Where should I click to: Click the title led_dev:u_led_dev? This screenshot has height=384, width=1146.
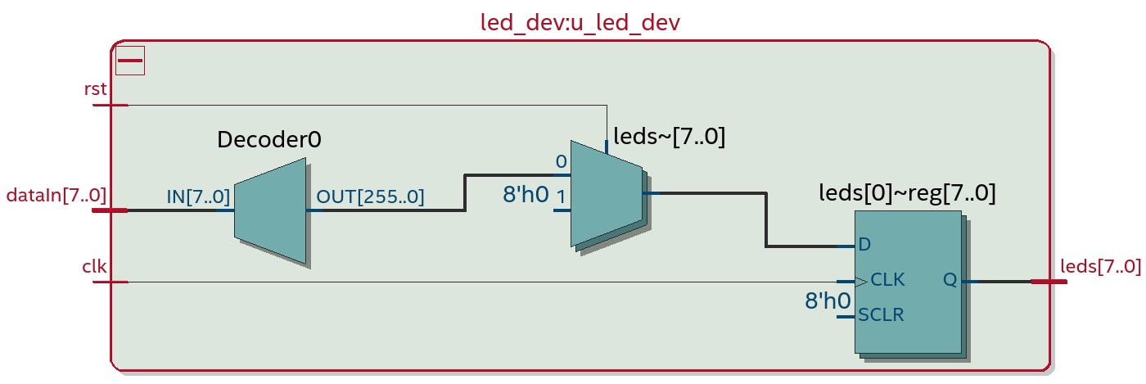(x=580, y=22)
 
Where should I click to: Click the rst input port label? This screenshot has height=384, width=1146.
(x=96, y=88)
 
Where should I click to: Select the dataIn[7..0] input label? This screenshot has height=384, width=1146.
(x=56, y=195)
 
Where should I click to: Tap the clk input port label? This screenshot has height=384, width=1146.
(x=94, y=266)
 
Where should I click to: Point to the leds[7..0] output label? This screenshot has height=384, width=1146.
(x=1100, y=266)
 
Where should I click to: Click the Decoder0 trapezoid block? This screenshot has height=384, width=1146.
(x=270, y=210)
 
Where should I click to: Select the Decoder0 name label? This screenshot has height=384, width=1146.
(x=268, y=140)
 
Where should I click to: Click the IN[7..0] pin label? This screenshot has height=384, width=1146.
(x=198, y=197)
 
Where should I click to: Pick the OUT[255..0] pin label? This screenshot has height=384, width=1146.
(x=370, y=197)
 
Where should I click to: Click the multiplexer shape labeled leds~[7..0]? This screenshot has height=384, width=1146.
(x=606, y=194)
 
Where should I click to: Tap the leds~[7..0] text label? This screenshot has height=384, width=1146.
(x=669, y=137)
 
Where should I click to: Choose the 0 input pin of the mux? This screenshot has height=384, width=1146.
(x=561, y=162)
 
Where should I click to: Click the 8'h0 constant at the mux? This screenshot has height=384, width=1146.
(x=525, y=195)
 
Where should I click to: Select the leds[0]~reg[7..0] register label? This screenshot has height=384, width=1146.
(x=907, y=193)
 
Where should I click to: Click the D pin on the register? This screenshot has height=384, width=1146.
(x=864, y=245)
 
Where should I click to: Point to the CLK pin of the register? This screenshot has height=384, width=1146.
(x=887, y=280)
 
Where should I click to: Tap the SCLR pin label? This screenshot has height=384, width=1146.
(x=881, y=315)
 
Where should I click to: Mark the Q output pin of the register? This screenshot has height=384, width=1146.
(x=950, y=280)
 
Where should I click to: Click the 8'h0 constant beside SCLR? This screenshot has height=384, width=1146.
(x=828, y=301)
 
